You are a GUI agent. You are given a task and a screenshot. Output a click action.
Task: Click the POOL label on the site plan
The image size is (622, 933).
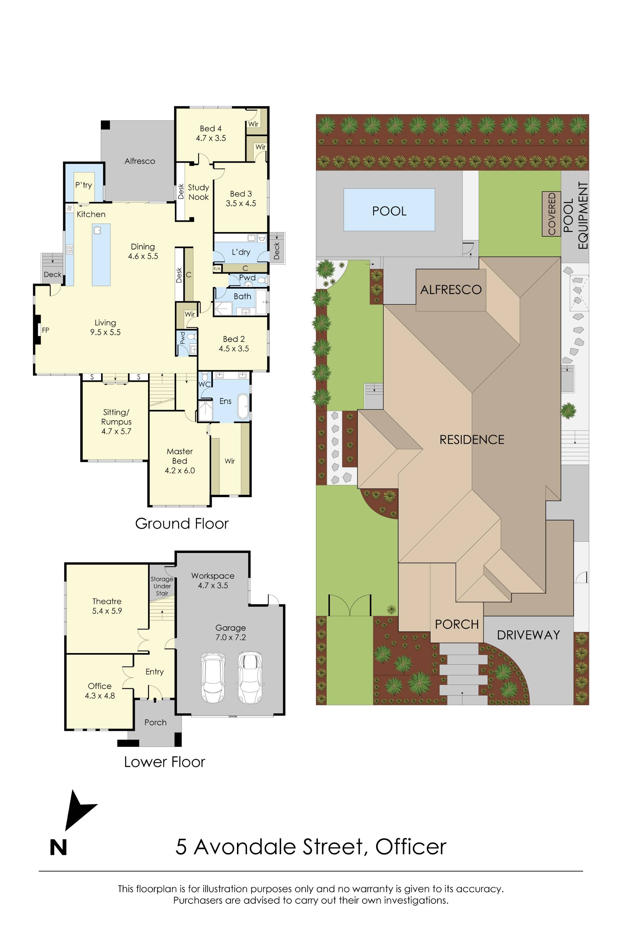click(389, 211)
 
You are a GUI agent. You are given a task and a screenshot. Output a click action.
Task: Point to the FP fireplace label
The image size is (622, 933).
click(46, 330)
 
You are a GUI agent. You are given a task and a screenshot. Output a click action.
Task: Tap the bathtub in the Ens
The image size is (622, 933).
click(243, 406)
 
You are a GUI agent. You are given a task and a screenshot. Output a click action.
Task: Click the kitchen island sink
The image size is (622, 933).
click(97, 230)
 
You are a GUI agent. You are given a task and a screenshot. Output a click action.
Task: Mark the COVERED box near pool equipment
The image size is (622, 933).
click(551, 214)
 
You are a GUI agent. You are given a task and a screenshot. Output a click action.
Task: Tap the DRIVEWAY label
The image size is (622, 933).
click(528, 635)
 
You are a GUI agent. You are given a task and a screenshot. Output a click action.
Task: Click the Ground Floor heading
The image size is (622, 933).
click(182, 524)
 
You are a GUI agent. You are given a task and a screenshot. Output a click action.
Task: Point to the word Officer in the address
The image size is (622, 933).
click(411, 847)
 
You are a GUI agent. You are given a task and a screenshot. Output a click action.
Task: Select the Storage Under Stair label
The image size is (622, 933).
click(162, 586)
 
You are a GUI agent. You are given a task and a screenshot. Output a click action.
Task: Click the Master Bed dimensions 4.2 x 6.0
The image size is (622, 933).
click(180, 471)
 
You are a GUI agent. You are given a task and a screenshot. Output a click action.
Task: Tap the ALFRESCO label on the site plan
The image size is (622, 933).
click(451, 290)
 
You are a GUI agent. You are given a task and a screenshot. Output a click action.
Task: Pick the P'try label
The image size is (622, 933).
click(84, 185)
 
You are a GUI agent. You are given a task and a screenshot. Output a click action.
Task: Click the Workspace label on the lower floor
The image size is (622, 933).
click(213, 576)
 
